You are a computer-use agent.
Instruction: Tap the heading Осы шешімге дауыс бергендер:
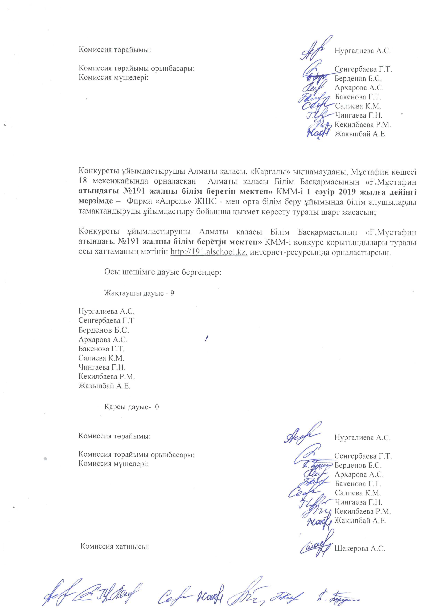pos(163,272)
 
